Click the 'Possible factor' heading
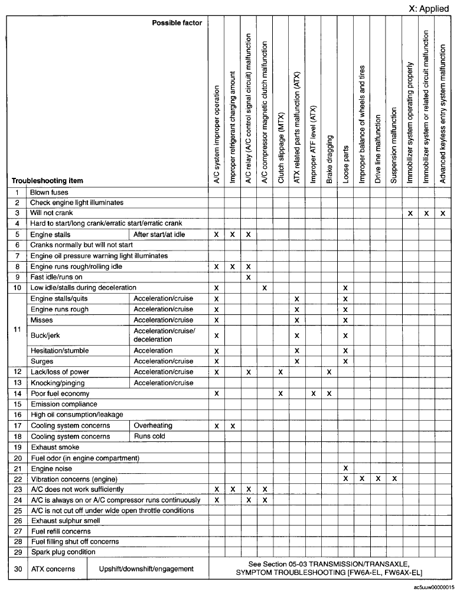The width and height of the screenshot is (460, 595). pos(177,23)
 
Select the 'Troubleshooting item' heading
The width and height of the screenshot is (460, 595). pos(48,181)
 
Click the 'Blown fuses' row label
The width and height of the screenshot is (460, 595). pos(50,193)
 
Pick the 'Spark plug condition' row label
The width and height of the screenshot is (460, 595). pos(63,552)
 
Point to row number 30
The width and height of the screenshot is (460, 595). pos(17,569)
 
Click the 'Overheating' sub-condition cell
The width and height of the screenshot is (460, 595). pos(153,425)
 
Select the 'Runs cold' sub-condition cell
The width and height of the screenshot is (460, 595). pos(149,437)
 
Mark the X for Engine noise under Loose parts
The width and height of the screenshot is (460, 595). pos(345,468)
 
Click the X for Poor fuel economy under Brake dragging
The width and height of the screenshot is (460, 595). pos(329,394)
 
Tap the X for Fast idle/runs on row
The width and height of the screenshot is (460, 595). pos(249,277)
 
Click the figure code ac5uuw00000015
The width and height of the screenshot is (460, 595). pos(434,589)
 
